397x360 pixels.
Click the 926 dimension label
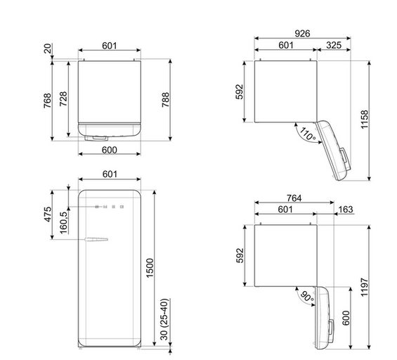point(302,33)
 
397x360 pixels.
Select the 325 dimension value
point(334,45)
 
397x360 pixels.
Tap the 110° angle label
point(308,134)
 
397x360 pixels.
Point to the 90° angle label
point(307,297)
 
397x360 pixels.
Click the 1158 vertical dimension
point(365,120)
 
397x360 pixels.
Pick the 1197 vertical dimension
point(364,287)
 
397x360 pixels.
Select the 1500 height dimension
point(150,268)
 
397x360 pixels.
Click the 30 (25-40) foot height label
point(164,319)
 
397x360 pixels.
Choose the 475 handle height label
point(48,214)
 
